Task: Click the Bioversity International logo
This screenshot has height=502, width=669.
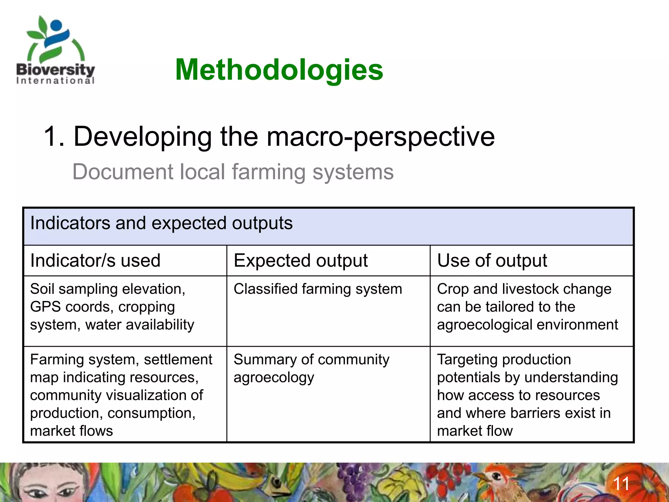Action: pyautogui.click(x=56, y=51)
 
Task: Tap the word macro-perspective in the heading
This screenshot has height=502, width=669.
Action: pyautogui.click(x=381, y=137)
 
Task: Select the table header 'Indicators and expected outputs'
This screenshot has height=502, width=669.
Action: pyautogui.click(x=161, y=223)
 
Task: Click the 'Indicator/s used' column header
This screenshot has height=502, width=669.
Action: pyautogui.click(x=95, y=260)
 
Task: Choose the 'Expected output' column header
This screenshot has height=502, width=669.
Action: pyautogui.click(x=301, y=260)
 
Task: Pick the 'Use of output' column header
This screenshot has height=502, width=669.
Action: pyautogui.click(x=492, y=260)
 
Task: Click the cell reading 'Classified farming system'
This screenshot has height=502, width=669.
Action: pyautogui.click(x=318, y=289)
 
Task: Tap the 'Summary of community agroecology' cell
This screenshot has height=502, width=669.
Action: pyautogui.click(x=311, y=368)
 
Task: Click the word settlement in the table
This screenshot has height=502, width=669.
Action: pyautogui.click(x=178, y=360)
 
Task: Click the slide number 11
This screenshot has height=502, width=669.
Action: pyautogui.click(x=621, y=484)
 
